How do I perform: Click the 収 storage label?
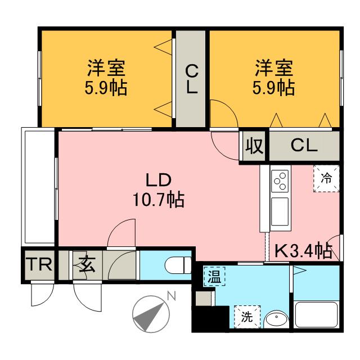254,146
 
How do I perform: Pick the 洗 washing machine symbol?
246,316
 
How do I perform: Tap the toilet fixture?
179,264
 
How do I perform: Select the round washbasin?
276,319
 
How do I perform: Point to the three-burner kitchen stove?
280,181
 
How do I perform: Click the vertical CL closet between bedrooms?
192,79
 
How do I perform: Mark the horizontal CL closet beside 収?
304,146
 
